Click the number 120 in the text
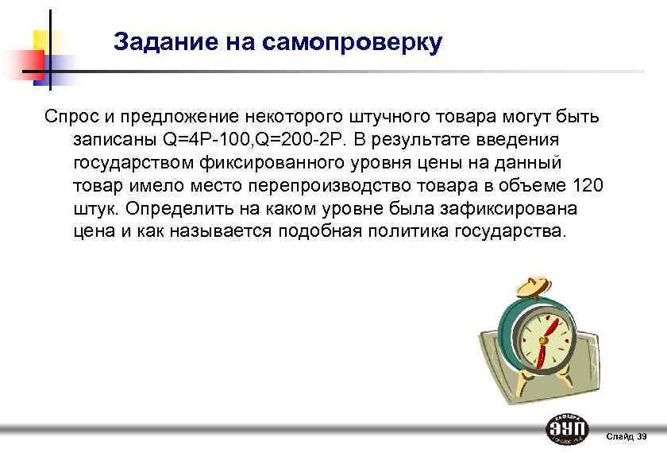click(588, 186)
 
